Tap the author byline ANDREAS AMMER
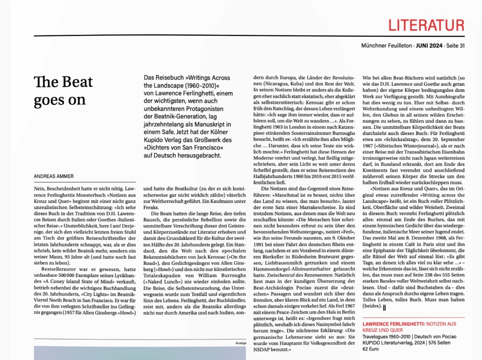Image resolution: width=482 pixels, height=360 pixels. [x=53, y=176]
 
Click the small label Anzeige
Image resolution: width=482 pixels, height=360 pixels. [x=241, y=343]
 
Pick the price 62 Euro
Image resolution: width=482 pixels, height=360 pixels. [x=371, y=349]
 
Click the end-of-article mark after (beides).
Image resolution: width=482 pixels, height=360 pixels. [x=384, y=307]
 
